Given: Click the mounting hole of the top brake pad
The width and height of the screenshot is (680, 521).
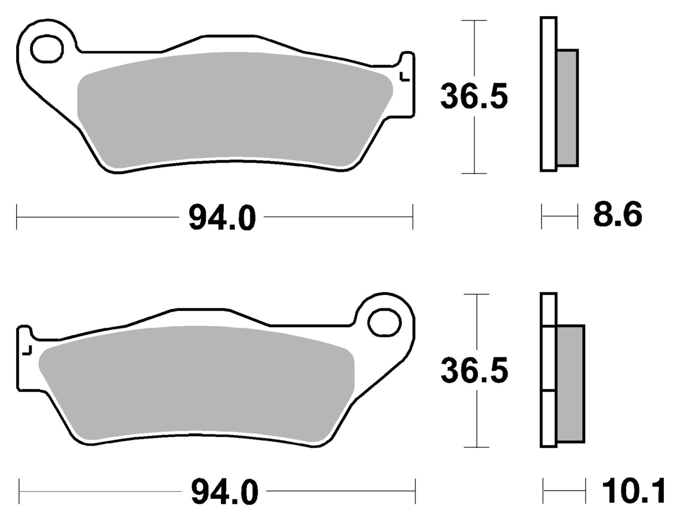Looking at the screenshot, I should [x=47, y=49].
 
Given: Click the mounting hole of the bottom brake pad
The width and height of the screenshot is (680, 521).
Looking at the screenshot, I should [x=384, y=322].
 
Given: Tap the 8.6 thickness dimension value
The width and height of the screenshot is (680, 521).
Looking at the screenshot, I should [x=617, y=215].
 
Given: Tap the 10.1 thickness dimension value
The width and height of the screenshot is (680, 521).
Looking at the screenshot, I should [x=634, y=491].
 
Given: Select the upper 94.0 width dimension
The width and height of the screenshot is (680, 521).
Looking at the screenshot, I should [x=222, y=218].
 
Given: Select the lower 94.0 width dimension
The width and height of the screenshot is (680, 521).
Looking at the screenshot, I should [x=224, y=492].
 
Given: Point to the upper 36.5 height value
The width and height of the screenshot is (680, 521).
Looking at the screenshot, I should [x=474, y=97].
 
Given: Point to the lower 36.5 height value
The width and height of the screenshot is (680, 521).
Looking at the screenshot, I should [x=474, y=371].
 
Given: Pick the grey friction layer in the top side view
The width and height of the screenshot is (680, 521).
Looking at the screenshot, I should [x=567, y=108].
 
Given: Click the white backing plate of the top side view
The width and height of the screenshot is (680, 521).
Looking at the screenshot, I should [x=549, y=94].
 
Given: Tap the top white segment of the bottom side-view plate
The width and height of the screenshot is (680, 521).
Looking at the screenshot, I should [x=549, y=310].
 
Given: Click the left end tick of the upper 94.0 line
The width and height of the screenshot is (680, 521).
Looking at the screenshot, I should [x=17, y=217].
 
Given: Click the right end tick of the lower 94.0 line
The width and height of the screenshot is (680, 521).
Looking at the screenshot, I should [x=415, y=491].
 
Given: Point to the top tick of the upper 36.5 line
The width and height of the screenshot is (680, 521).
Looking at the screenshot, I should [x=474, y=20].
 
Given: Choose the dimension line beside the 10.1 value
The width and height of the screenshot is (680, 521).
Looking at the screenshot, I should [x=564, y=491].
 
